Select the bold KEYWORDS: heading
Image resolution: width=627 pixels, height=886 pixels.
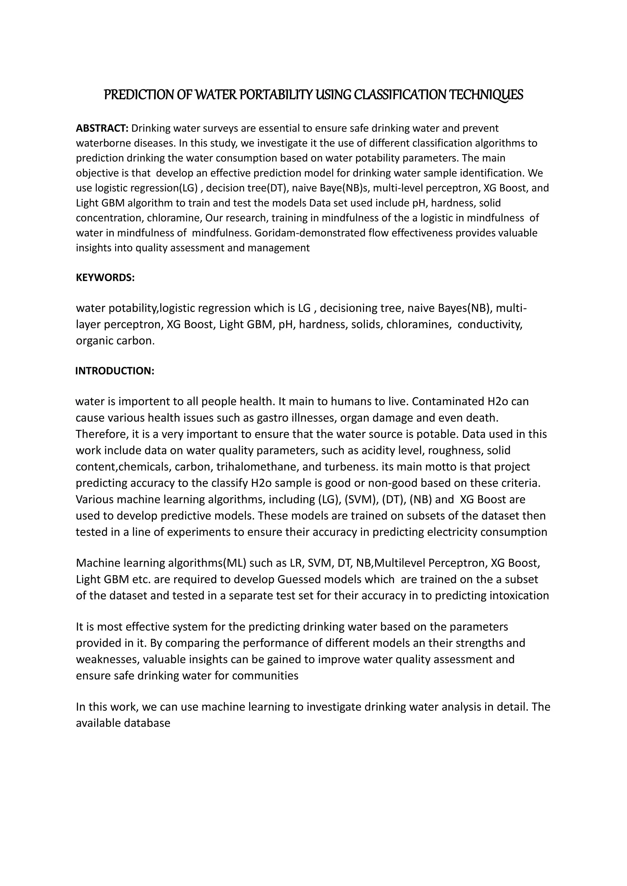coord(105,278)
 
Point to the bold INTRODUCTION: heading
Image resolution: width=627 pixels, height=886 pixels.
coord(115,371)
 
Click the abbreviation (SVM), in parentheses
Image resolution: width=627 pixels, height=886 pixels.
coord(361,500)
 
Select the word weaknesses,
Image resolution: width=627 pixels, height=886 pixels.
coord(108,660)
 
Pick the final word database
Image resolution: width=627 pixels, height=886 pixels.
coord(147,724)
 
